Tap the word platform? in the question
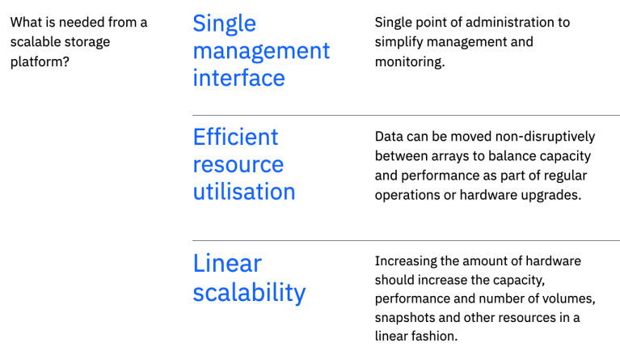point(40,61)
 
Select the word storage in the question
point(85,41)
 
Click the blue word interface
point(238,78)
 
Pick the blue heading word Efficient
point(235,137)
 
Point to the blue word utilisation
point(243,192)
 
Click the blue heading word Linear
point(227,263)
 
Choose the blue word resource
point(238,164)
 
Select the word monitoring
point(410,61)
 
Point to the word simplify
point(419,42)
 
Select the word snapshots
point(407,317)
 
